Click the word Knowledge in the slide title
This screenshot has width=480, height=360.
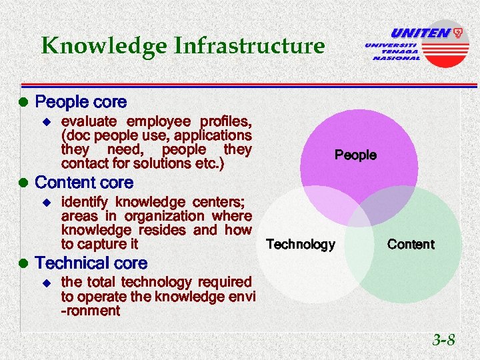103,46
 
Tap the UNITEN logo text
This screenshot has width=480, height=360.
420,33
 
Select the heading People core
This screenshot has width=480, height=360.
81,102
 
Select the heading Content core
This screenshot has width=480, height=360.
84,183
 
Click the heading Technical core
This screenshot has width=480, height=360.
91,263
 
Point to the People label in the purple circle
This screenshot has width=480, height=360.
355,155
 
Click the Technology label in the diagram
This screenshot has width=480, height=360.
300,245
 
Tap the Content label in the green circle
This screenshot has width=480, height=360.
411,245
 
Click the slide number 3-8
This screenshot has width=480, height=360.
443,340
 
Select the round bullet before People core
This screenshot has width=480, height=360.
23,103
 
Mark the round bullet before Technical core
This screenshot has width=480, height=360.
23,264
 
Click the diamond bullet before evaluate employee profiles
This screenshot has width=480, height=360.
46,122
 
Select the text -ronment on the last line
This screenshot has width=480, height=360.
90,311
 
